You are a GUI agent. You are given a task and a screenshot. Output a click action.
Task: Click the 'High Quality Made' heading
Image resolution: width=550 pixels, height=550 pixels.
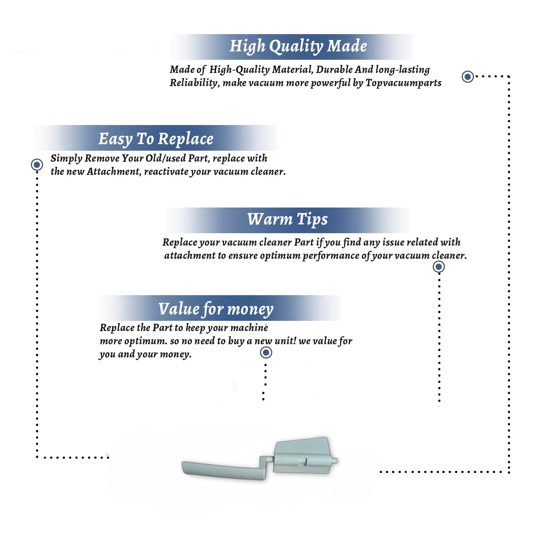(x=298, y=47)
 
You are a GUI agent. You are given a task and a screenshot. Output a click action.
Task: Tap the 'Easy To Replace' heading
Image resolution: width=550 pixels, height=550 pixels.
(x=156, y=139)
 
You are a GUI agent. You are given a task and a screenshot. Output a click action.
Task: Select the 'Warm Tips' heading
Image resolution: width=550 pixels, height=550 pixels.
(x=287, y=219)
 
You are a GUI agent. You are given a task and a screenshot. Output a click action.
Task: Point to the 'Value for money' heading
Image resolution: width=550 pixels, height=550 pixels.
(x=216, y=309)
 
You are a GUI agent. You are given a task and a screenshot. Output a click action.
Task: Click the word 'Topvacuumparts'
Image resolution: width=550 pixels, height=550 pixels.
(x=403, y=83)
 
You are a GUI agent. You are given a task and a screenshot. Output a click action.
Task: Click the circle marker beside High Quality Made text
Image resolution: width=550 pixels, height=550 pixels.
(x=467, y=77)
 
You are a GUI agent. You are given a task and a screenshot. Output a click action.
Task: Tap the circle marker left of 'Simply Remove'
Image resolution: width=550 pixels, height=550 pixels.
(x=37, y=165)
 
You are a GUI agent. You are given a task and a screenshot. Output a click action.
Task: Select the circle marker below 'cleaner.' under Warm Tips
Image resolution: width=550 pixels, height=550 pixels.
(x=439, y=267)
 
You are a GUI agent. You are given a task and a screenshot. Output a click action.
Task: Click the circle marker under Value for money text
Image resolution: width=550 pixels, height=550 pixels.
(x=266, y=353)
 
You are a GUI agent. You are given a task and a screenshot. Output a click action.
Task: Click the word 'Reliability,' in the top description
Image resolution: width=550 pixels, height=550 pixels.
(x=195, y=83)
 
